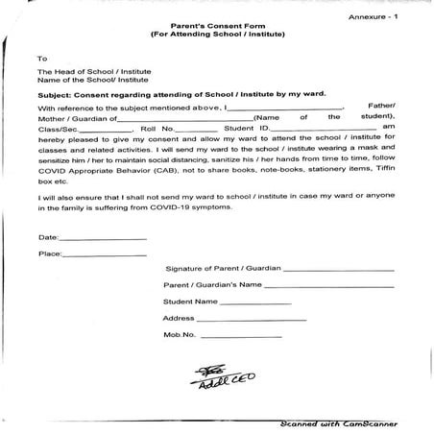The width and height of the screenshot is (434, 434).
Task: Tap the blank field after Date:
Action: [x=104, y=237]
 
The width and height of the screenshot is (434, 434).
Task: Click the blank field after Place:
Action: [x=105, y=254]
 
